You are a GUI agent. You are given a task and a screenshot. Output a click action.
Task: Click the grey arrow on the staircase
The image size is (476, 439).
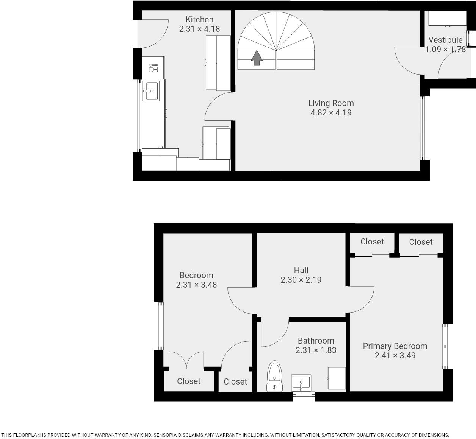click(257, 58)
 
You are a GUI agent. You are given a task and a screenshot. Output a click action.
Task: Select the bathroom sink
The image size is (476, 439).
click(301, 382)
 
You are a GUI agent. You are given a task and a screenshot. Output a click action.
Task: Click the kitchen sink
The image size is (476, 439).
click(151, 91)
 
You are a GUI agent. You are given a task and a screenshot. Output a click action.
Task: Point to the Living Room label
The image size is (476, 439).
click(331, 103)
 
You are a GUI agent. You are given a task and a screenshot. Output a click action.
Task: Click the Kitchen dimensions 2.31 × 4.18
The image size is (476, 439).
click(199, 29)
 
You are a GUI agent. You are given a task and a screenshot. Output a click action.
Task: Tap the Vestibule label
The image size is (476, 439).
click(445, 40)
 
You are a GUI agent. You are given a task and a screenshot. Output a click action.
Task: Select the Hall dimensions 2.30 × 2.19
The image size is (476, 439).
click(301, 280)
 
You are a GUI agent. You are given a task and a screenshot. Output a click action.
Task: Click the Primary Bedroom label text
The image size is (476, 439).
click(395, 346)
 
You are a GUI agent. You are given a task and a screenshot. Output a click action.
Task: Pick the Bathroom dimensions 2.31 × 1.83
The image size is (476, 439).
click(316, 350)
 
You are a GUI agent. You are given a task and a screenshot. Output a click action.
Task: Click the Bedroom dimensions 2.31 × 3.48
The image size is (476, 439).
click(196, 285)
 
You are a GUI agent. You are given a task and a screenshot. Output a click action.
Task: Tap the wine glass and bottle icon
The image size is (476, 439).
click(153, 68)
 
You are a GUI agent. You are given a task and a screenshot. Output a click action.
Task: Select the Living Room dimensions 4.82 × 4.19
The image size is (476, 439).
click(331, 112)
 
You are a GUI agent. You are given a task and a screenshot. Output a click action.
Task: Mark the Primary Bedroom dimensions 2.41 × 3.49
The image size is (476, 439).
click(395, 356)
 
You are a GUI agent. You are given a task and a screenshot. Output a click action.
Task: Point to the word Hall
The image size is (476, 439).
click(301, 270)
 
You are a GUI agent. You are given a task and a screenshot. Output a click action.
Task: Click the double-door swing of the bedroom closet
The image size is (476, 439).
click(186, 360)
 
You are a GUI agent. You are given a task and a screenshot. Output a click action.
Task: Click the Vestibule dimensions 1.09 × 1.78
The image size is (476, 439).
click(445, 50)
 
